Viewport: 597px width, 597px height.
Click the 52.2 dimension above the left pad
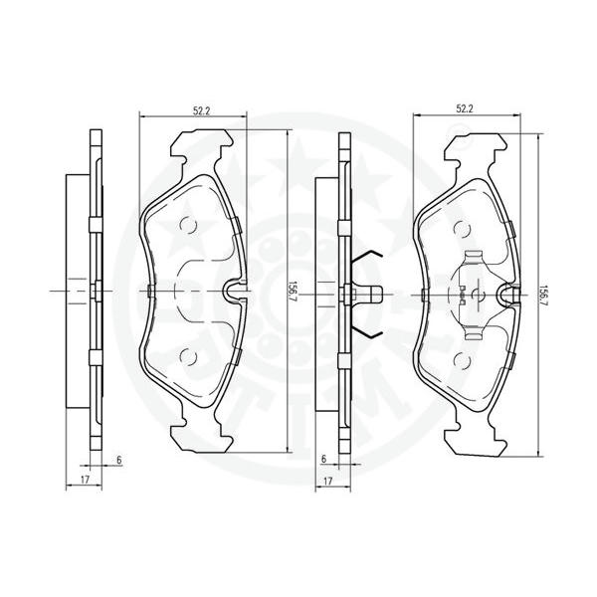(202, 111)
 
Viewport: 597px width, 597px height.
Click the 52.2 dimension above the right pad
(465, 109)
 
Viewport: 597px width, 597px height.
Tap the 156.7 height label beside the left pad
(294, 292)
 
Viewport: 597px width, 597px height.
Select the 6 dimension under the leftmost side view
(119, 460)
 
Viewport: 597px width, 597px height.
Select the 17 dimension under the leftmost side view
(85, 480)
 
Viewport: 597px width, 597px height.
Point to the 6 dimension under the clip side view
(323, 459)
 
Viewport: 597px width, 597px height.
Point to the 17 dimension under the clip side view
(327, 482)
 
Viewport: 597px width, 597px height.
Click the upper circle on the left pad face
(188, 225)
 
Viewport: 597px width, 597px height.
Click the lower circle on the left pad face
(188, 356)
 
